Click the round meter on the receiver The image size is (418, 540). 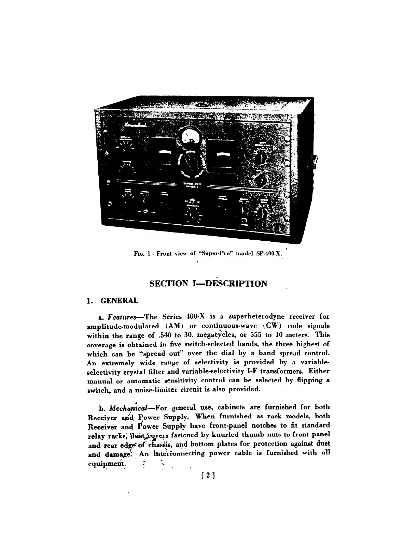click(192, 136)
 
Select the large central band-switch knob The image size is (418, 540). click(192, 164)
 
